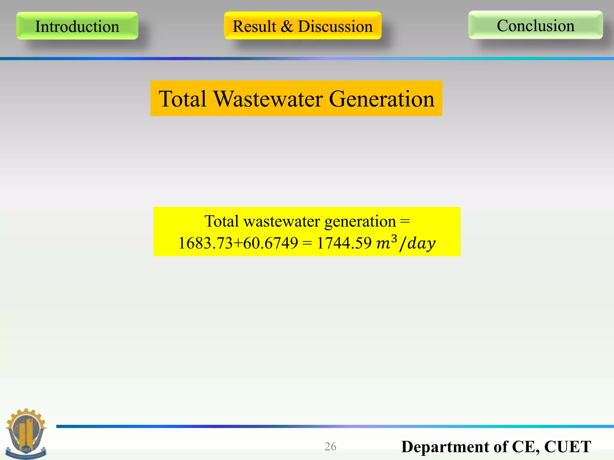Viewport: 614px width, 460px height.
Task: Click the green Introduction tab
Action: click(77, 26)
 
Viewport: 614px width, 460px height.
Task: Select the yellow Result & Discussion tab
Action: click(303, 26)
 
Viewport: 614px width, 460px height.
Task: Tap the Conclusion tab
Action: click(535, 25)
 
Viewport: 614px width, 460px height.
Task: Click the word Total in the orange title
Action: click(183, 99)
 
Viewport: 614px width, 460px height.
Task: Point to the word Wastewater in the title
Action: click(268, 99)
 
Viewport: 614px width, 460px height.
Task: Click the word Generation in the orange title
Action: click(382, 99)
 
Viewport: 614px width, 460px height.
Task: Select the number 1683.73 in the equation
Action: click(205, 243)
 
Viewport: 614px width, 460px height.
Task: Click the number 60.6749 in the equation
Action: click(270, 243)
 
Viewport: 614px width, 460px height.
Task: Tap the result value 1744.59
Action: click(344, 243)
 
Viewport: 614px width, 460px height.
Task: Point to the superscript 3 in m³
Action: click(394, 238)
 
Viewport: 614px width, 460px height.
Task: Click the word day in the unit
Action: click(421, 243)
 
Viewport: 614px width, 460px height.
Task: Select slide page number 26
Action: click(330, 447)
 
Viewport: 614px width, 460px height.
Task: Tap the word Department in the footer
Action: click(445, 447)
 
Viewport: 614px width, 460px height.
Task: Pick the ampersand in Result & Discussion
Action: click(287, 26)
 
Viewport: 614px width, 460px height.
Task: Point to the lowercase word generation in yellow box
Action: click(360, 222)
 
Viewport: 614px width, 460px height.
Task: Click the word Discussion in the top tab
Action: click(335, 26)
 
